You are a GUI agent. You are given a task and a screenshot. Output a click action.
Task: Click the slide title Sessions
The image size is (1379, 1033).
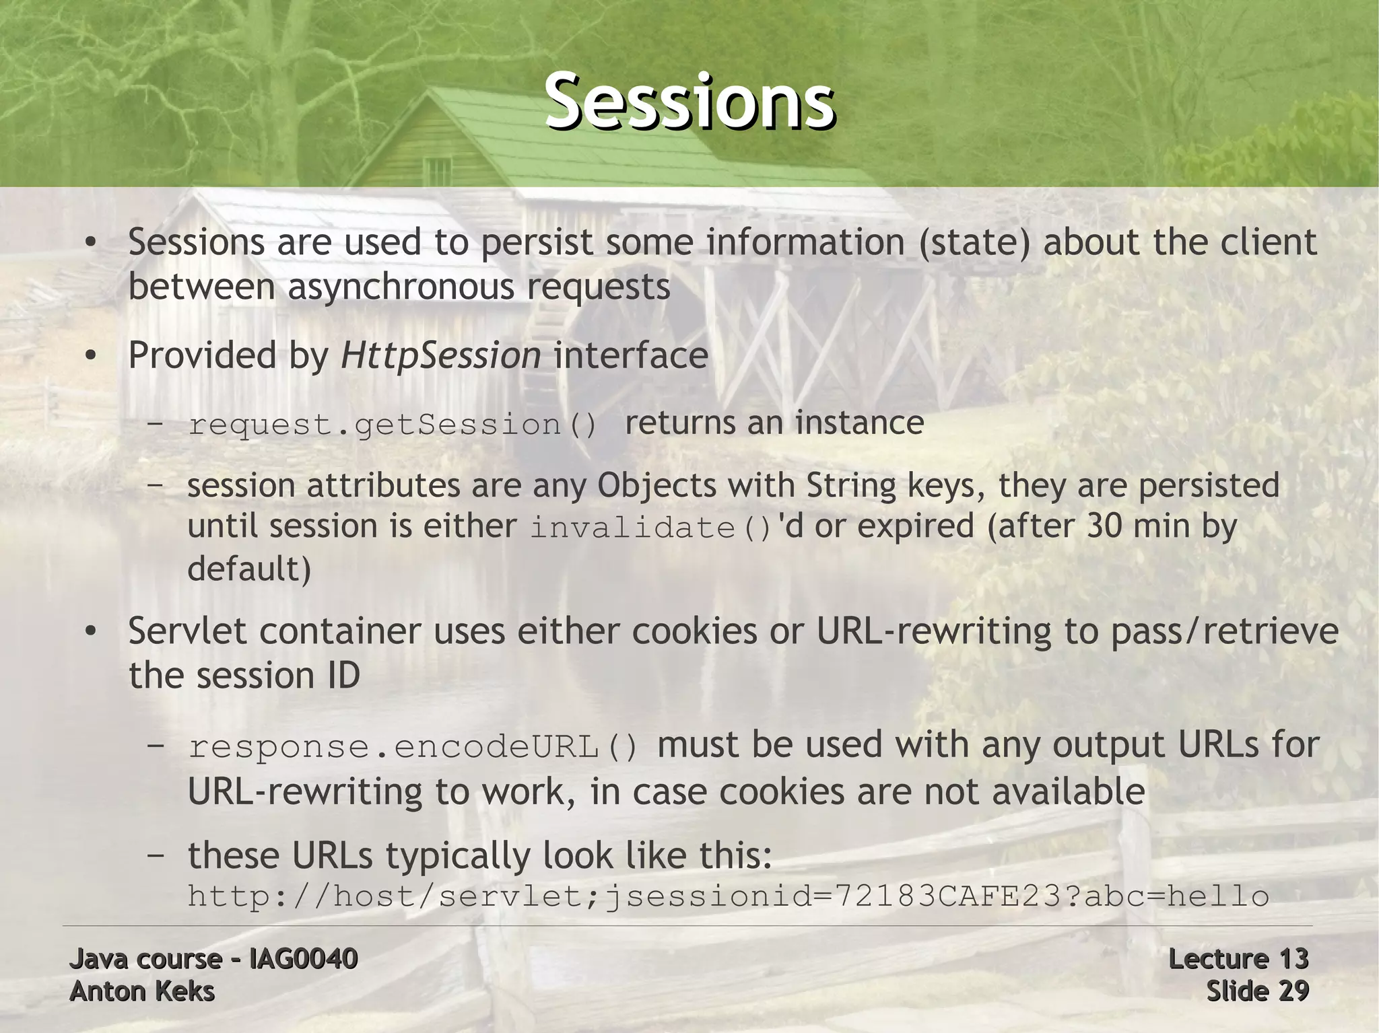click(689, 102)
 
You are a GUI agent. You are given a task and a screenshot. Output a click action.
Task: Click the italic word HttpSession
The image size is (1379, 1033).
click(440, 355)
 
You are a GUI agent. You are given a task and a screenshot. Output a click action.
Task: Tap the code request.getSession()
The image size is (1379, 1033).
click(392, 425)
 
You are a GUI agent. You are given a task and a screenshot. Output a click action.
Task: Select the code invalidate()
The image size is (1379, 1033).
click(650, 527)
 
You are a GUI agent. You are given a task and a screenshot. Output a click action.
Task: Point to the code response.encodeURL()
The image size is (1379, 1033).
click(413, 747)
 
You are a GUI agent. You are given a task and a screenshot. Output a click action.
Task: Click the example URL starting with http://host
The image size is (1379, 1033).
click(728, 896)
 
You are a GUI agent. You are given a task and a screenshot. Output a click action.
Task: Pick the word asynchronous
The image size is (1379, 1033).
click(401, 287)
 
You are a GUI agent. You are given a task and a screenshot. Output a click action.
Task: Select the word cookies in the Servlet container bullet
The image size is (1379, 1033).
click(694, 631)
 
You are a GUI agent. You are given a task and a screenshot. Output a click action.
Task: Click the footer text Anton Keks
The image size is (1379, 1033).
click(142, 991)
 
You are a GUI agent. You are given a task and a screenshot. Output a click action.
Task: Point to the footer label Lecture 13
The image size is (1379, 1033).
click(1238, 958)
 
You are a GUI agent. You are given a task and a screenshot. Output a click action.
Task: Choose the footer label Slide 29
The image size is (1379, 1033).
click(1256, 991)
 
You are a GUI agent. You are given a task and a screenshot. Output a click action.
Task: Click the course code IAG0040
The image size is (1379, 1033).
click(303, 958)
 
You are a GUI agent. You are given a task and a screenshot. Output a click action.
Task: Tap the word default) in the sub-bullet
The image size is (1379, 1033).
click(249, 569)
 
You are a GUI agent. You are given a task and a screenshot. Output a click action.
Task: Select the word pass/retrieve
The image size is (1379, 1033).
click(1224, 631)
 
